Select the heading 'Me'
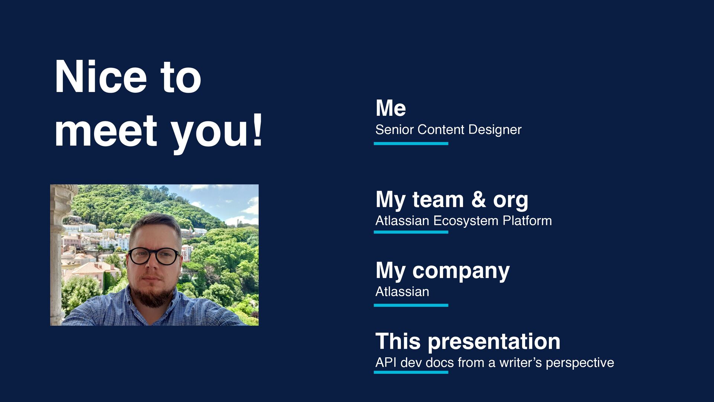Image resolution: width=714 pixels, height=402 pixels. coord(390,108)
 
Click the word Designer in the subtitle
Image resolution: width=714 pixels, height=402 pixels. coord(495,130)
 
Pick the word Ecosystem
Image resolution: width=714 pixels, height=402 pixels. coord(466,221)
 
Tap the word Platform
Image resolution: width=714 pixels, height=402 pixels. coord(527,221)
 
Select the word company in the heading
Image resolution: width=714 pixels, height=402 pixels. coord(461,271)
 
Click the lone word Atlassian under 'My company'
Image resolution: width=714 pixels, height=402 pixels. coord(402,291)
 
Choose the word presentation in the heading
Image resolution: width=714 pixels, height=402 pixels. coord(494,342)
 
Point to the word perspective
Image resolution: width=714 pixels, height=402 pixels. coord(580,363)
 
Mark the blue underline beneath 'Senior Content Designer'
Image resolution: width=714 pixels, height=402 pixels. coord(411,143)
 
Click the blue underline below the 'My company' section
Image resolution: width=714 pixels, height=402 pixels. coord(411,305)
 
